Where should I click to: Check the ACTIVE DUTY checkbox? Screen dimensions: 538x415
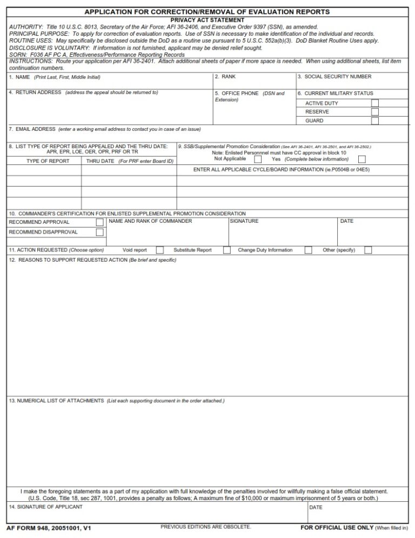(374, 103)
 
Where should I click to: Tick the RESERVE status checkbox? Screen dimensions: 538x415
(374, 112)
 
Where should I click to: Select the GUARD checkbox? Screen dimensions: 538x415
(374, 121)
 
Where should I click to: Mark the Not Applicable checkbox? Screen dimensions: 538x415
(258, 159)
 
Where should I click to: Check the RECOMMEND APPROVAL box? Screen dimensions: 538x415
(99, 222)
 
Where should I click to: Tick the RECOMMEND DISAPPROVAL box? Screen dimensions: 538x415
(99, 232)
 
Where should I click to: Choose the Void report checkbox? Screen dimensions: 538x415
(159, 250)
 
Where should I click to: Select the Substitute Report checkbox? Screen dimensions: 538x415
(227, 250)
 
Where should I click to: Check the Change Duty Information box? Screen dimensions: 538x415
(308, 250)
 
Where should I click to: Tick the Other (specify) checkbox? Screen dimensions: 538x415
(368, 250)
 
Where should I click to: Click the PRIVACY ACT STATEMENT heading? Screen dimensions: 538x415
(207, 20)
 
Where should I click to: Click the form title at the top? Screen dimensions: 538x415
(207, 12)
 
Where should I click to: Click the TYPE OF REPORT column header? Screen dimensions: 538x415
(48, 161)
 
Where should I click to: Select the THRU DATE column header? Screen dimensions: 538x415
(100, 161)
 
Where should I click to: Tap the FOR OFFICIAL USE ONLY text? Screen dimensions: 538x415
(337, 527)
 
